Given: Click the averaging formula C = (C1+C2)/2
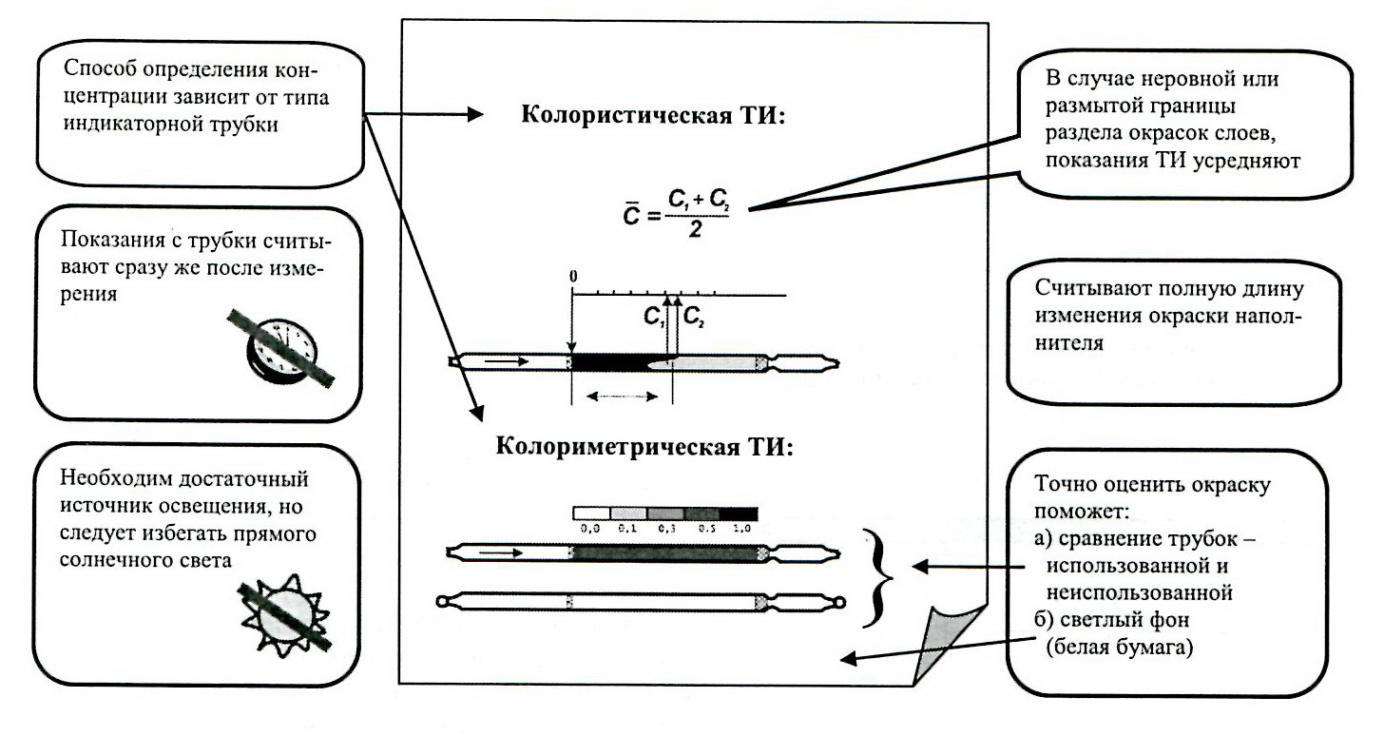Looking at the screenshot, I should click(674, 212).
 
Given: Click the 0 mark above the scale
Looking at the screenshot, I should click(572, 276).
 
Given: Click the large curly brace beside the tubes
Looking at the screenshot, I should click(879, 574).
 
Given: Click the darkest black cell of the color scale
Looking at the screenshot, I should click(739, 513).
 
